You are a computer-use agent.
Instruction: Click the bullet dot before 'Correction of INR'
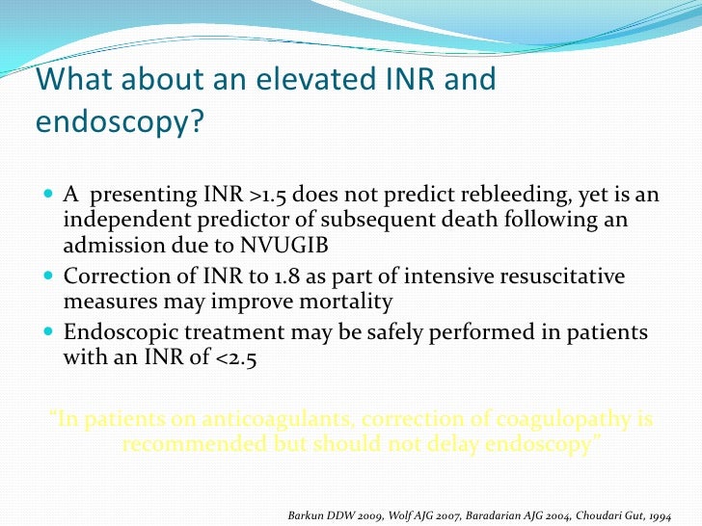(x=51, y=277)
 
